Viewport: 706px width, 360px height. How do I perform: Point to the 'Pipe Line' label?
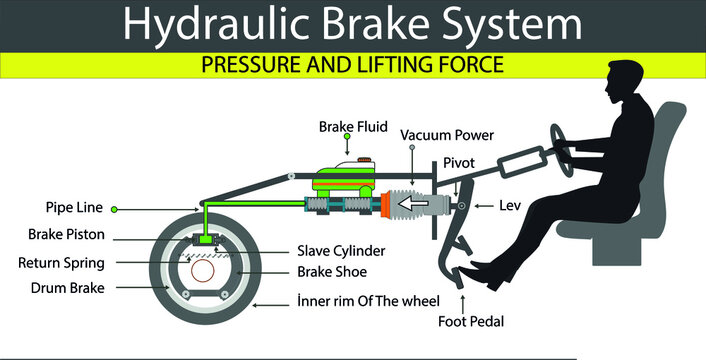pyautogui.click(x=75, y=209)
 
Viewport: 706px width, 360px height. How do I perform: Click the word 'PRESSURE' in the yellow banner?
pyautogui.click(x=252, y=66)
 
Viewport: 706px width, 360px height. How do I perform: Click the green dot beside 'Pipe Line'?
pyautogui.click(x=115, y=209)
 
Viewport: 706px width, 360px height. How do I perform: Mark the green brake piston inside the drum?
pyautogui.click(x=207, y=238)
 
